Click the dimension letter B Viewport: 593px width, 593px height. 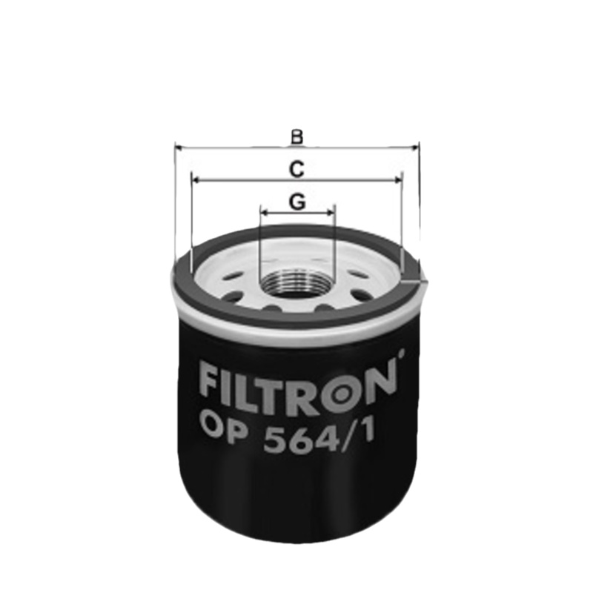(296, 136)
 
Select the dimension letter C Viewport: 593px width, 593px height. (296, 170)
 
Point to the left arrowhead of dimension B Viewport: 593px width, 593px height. (179, 148)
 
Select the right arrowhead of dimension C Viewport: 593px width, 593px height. (398, 179)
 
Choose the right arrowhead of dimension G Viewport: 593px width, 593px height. (331, 212)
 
